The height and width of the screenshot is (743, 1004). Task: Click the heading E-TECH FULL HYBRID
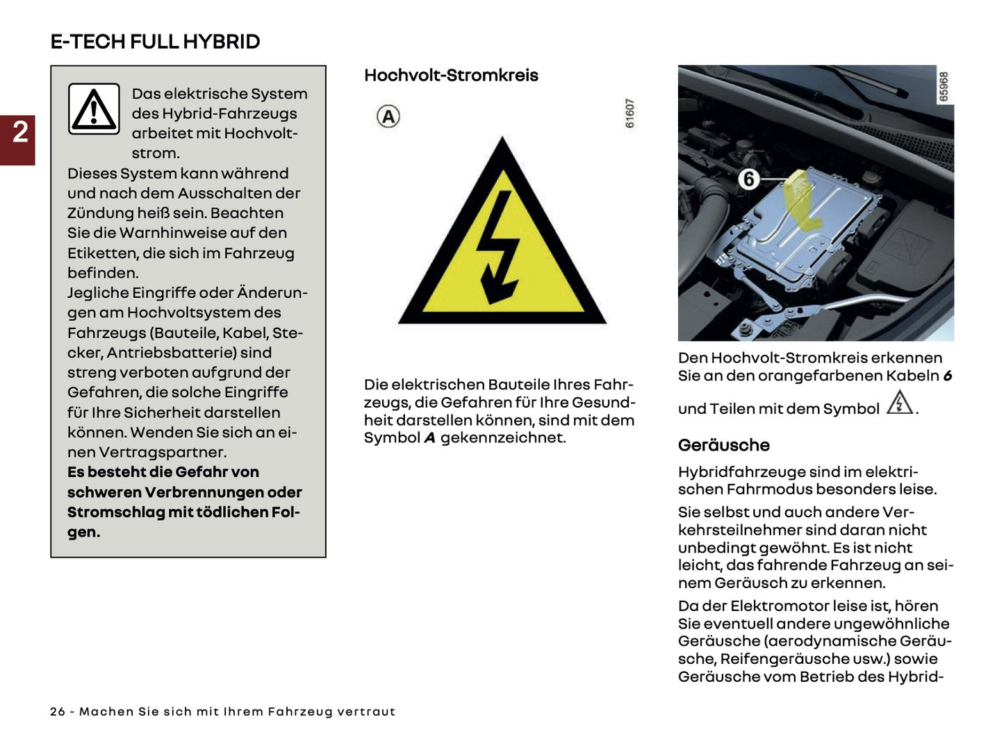pos(155,42)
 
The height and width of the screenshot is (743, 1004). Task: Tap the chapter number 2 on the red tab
pos(20,132)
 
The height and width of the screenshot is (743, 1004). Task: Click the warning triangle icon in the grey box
pos(94,109)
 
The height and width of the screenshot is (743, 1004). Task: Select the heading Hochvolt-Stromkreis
pos(451,76)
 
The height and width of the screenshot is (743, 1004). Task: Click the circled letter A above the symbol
pos(388,117)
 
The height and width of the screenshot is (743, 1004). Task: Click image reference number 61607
pos(629,113)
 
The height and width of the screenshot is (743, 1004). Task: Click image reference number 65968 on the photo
pos(944,86)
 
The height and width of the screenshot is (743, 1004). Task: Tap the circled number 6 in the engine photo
pos(748,179)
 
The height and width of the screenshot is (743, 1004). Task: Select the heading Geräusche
pos(724,445)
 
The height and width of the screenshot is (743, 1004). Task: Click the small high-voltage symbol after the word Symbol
pos(900,403)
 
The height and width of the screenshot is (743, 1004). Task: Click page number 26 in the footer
pos(58,712)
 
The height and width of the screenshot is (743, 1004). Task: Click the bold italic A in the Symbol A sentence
pos(429,438)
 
